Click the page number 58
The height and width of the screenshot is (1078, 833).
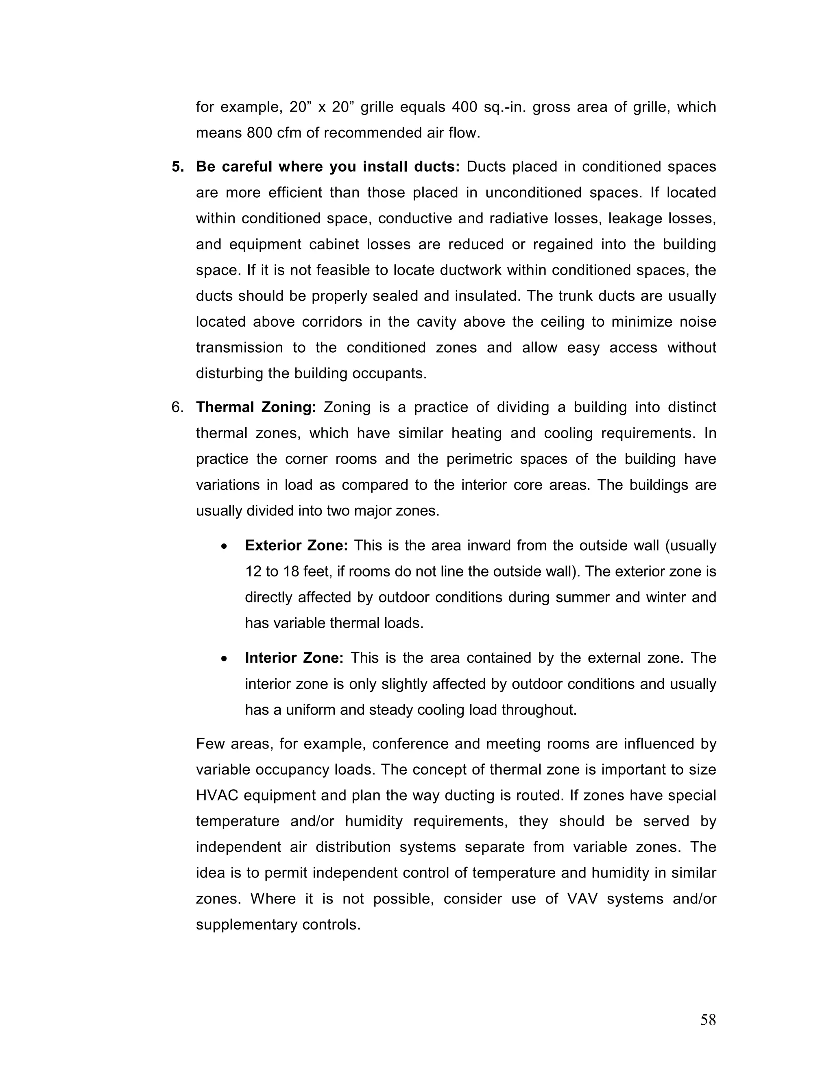[708, 1020]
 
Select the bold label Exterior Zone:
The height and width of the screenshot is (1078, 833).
[297, 546]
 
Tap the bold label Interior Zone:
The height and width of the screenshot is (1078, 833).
[294, 658]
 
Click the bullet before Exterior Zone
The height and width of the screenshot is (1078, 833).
[225, 547]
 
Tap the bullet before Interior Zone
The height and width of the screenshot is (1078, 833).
[225, 659]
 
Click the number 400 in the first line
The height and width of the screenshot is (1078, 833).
[464, 107]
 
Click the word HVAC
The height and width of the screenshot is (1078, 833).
[217, 795]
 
